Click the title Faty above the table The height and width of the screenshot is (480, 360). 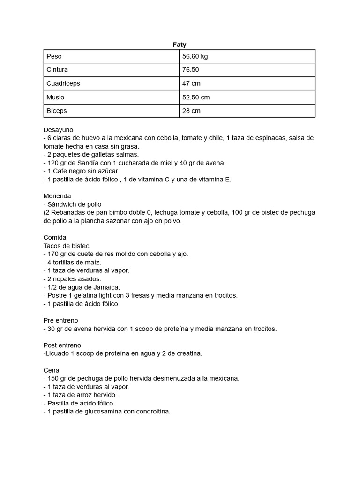pos(180,45)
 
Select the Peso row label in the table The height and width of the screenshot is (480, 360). pos(54,56)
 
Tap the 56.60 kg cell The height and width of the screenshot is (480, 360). pos(195,56)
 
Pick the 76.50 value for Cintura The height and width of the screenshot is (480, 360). pos(191,70)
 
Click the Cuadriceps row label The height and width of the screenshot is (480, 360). pos(63,83)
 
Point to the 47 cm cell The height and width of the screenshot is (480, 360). pos(191,83)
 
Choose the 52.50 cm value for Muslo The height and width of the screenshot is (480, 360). pos(196,97)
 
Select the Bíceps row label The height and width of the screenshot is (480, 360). pos(57,111)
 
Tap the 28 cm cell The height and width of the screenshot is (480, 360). pos(191,111)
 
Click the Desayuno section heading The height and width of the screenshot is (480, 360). pos(59,129)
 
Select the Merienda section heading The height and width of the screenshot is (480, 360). pos(58,195)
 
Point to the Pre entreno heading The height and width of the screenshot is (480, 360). pos(61,320)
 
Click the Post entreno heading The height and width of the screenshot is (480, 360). pos(62,345)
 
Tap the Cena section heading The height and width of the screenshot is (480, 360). pos(52,370)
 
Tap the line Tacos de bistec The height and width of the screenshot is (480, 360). pos(66,246)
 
